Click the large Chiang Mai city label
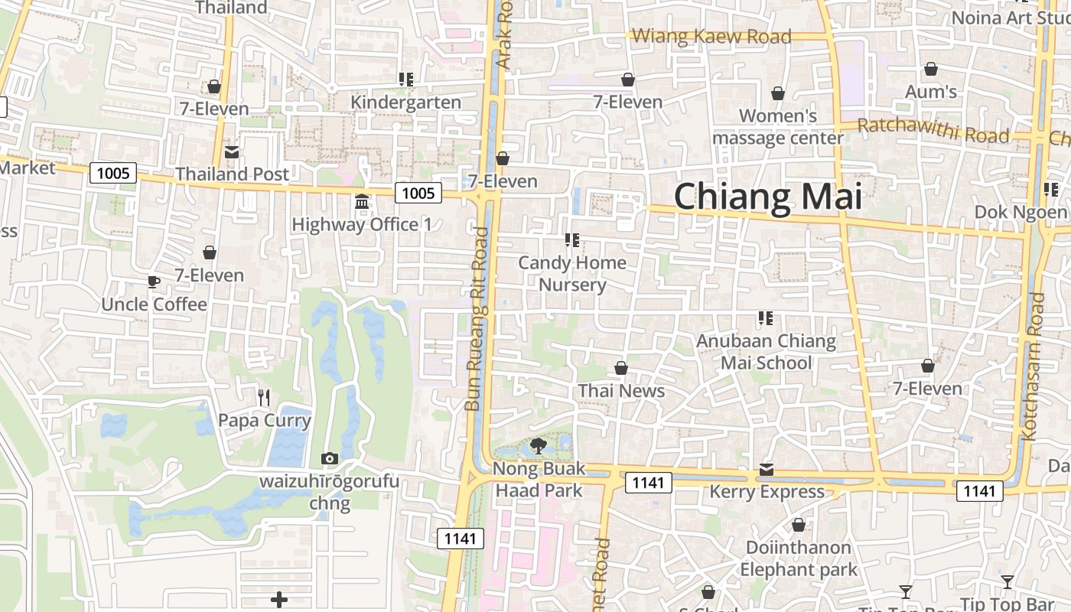coord(767,197)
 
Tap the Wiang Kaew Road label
coord(711,36)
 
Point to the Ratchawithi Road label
coord(933,131)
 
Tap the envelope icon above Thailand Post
coord(231,151)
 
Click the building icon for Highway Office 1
coord(362,202)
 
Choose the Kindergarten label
coord(405,103)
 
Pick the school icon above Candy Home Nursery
coord(571,240)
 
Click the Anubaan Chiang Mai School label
coord(766,351)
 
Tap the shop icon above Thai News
coord(621,369)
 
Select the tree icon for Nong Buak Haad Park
coord(539,445)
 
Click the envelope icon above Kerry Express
coord(767,469)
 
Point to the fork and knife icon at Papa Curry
coord(264,397)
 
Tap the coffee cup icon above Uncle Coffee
coord(154,282)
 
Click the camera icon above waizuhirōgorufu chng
coord(330,459)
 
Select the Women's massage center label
coord(778,127)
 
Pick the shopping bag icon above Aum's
coord(931,70)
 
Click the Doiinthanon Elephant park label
coord(798,558)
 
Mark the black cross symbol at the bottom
coord(279,600)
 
